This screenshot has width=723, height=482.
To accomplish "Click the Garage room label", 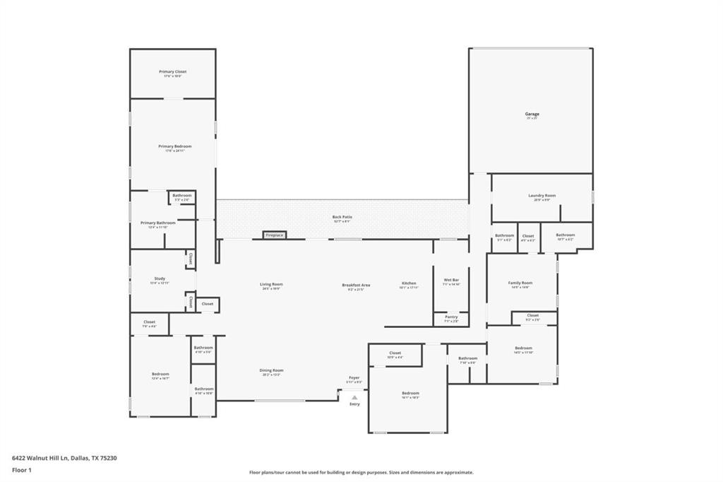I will pyautogui.click(x=532, y=114).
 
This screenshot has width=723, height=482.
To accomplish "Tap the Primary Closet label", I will pyautogui.click(x=172, y=71).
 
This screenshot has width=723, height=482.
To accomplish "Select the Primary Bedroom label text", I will pyautogui.click(x=174, y=146).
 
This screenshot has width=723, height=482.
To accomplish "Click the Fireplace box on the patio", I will pyautogui.click(x=274, y=235).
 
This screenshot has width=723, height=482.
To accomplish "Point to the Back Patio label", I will pyautogui.click(x=342, y=217).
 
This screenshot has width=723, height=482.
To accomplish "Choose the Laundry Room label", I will pyautogui.click(x=542, y=196).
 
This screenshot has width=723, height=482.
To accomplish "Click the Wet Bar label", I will pyautogui.click(x=452, y=281).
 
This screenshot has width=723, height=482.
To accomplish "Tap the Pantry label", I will pyautogui.click(x=451, y=317).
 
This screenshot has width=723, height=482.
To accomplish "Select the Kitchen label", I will pyautogui.click(x=409, y=283).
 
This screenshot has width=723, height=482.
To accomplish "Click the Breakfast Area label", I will pyautogui.click(x=356, y=285).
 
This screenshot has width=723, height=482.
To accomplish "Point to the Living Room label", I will pyautogui.click(x=271, y=284).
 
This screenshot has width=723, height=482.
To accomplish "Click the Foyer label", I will pyautogui.click(x=354, y=378).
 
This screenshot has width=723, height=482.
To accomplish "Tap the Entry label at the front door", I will pyautogui.click(x=354, y=404).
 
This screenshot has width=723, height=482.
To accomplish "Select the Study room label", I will pyautogui.click(x=160, y=278).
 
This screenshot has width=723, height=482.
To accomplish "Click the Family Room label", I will pyautogui.click(x=520, y=283).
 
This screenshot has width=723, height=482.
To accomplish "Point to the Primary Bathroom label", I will pyautogui.click(x=153, y=223).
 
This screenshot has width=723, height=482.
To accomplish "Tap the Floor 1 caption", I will pyautogui.click(x=22, y=469).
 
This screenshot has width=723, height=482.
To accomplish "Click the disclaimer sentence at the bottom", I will pyautogui.click(x=361, y=472).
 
